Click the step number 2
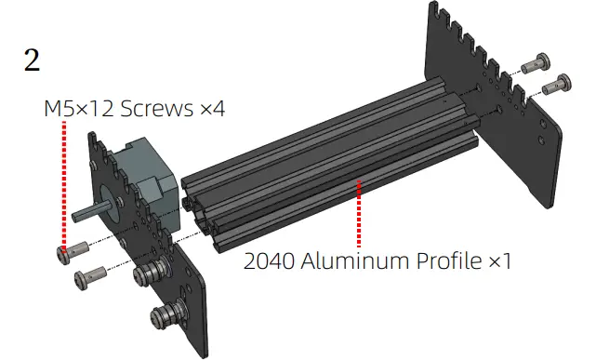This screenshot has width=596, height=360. pyautogui.click(x=32, y=60)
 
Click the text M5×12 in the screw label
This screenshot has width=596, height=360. pyautogui.click(x=79, y=108)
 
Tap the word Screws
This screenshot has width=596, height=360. pyautogui.click(x=156, y=108)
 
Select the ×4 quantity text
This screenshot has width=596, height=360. pyautogui.click(x=213, y=109)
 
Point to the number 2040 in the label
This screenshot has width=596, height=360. pyautogui.click(x=269, y=261)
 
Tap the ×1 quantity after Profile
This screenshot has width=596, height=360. pyautogui.click(x=500, y=261)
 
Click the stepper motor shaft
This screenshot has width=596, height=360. pyautogui.click(x=90, y=213)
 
